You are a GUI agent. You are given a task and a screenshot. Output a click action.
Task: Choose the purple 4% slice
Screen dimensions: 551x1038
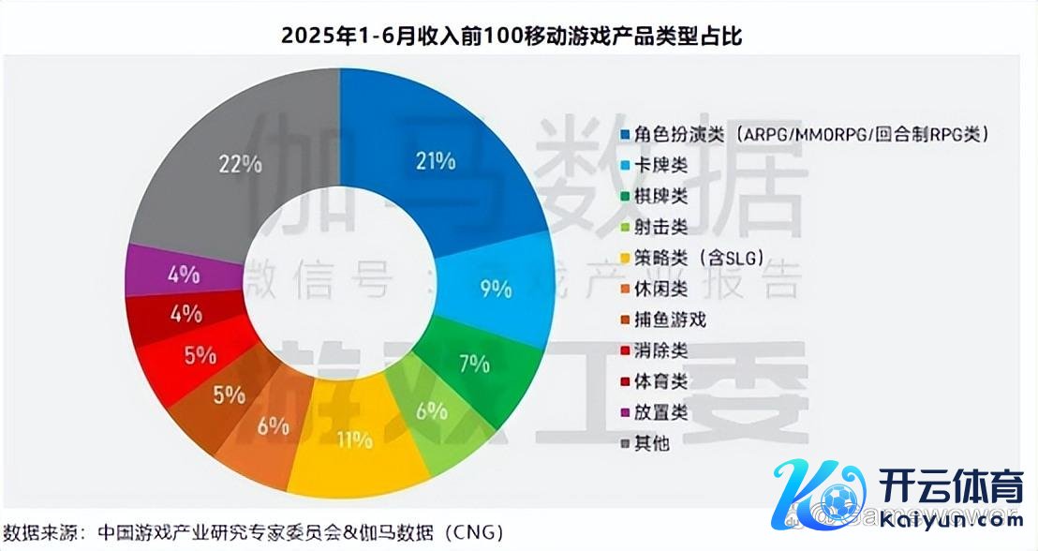(x=183, y=275)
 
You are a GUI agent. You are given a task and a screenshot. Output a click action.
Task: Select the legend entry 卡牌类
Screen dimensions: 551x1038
(x=660, y=165)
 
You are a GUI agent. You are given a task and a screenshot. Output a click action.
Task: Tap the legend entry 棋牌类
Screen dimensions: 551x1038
(x=660, y=196)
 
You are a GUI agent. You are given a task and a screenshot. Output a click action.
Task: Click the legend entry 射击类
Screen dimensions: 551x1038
(x=660, y=227)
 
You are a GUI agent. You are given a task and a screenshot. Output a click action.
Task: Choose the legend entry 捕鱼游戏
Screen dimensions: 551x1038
(x=669, y=320)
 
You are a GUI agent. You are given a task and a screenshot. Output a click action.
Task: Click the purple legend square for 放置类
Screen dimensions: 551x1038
(x=625, y=412)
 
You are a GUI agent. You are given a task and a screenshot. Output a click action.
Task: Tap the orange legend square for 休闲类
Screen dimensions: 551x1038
(x=625, y=289)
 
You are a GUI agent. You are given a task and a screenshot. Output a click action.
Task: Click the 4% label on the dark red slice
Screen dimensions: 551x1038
(x=185, y=314)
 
